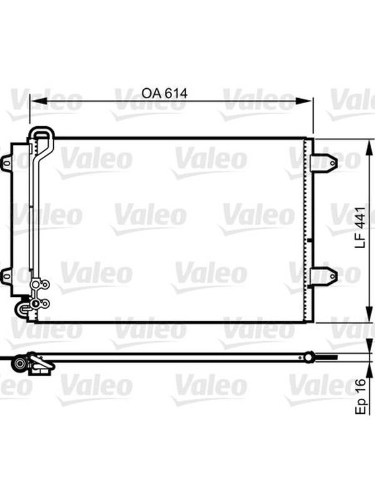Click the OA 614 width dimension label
pos(164,93)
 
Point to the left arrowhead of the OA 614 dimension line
pos(39,101)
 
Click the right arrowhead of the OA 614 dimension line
pos(304,101)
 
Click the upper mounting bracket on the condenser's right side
pos(324,163)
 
